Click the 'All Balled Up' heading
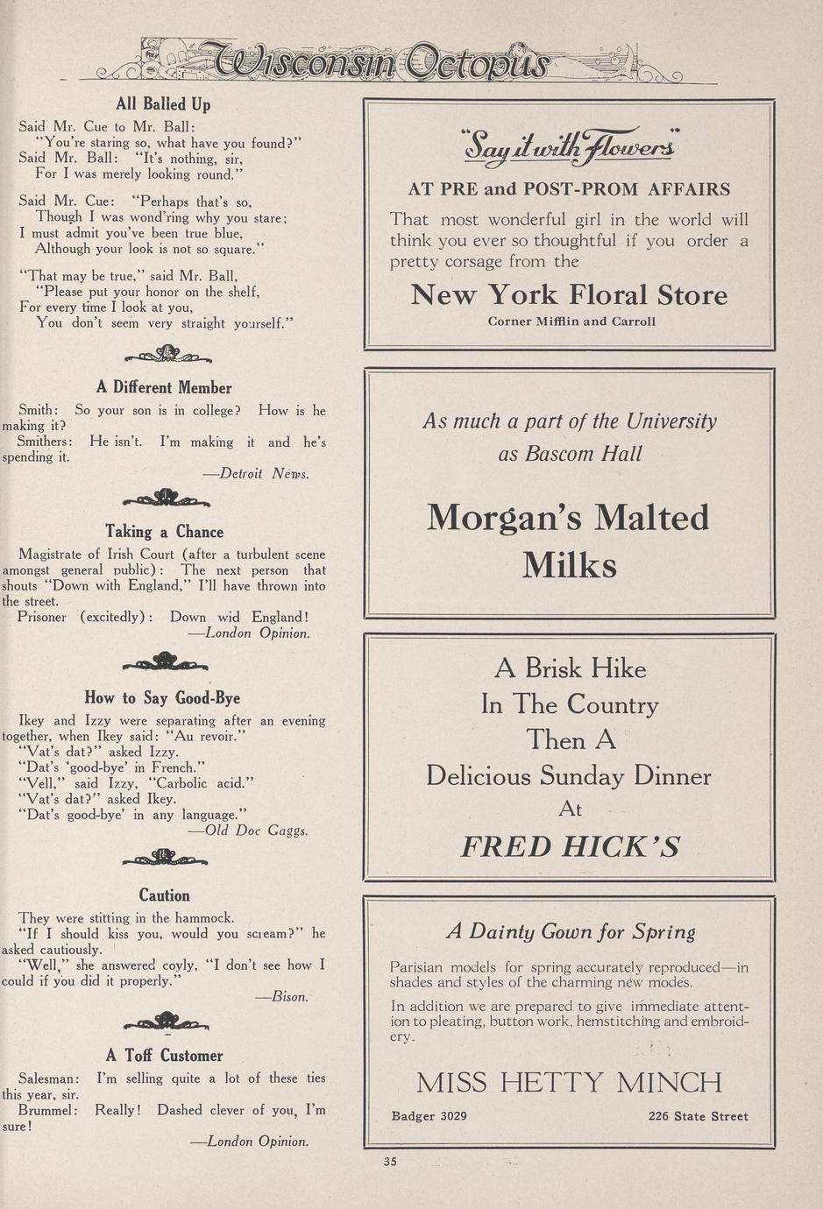click(163, 105)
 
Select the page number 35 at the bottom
click(390, 1162)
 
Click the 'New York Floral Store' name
click(570, 295)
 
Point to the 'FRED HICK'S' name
click(571, 846)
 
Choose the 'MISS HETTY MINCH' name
click(570, 1083)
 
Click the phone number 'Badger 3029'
click(429, 1116)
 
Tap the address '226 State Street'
click(699, 1116)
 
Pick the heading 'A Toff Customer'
click(164, 1056)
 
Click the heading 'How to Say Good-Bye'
click(162, 698)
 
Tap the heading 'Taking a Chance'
click(164, 532)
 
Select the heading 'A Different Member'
click(164, 388)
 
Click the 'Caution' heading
click(164, 895)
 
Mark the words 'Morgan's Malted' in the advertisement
click(568, 518)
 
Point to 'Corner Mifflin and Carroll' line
click(571, 322)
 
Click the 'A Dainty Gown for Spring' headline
click(571, 932)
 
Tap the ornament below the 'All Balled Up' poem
click(167, 354)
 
